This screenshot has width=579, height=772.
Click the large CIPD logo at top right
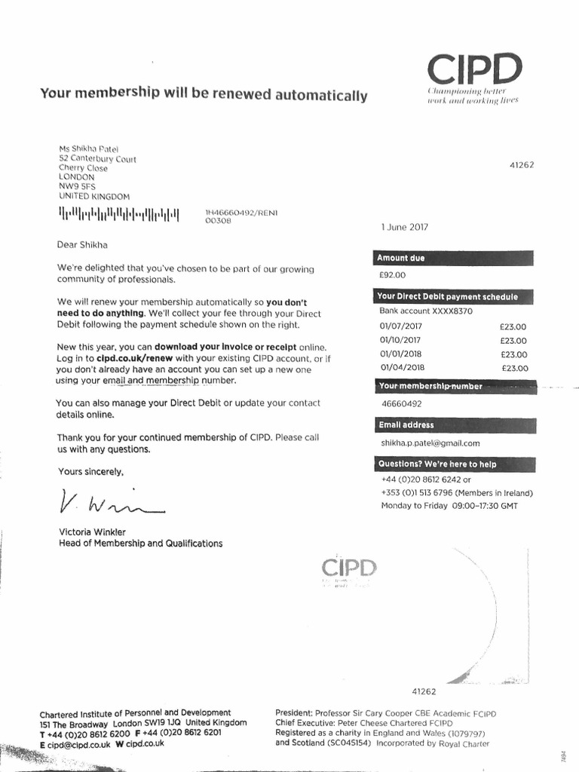pyautogui.click(x=474, y=69)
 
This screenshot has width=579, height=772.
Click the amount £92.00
pyautogui.click(x=393, y=276)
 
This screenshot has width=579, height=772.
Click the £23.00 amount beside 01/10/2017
pyautogui.click(x=513, y=340)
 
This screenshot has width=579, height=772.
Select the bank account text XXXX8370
pyautogui.click(x=451, y=311)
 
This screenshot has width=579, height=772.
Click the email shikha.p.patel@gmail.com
pyautogui.click(x=430, y=443)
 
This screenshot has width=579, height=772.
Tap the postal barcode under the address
pyautogui.click(x=120, y=215)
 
